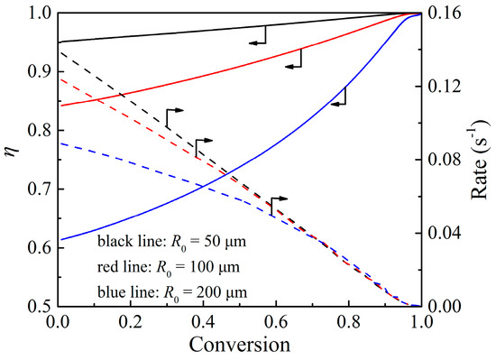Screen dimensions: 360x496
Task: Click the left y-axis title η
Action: coord(12,160)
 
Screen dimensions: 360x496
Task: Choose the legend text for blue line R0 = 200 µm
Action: coord(173,291)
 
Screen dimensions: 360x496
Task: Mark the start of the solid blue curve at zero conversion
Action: coord(59,239)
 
